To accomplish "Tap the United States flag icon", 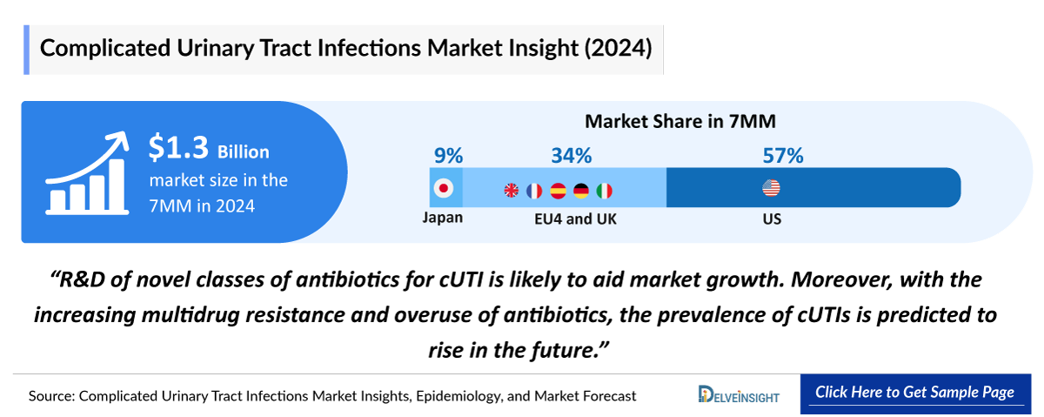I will click(771, 188).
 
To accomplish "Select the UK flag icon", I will click(512, 190).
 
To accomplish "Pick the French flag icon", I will click(534, 190).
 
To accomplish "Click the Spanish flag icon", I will click(558, 190).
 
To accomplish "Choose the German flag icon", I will click(581, 190).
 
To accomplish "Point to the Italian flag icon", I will click(605, 190).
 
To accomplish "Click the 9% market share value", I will click(448, 156).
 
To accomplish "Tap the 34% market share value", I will click(571, 156).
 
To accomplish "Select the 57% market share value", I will click(782, 156).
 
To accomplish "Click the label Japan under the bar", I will click(443, 219).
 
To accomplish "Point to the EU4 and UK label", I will click(575, 219).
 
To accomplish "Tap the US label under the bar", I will click(771, 219).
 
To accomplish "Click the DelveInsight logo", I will click(739, 395).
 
